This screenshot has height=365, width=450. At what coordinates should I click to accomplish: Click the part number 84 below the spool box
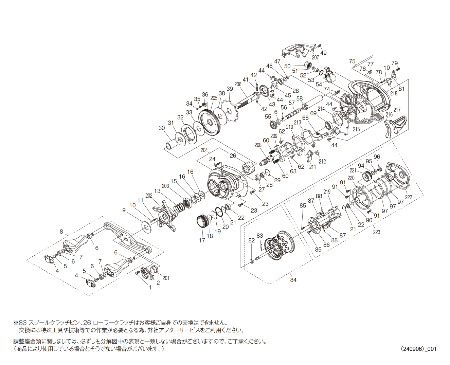point(293,280)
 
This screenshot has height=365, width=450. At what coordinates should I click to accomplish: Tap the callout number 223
point(376,232)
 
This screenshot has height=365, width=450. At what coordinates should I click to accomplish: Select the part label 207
point(315,57)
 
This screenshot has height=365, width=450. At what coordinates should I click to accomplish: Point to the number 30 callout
point(162,128)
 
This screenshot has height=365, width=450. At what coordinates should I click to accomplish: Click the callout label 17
point(202,240)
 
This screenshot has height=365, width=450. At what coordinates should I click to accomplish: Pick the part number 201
point(166,278)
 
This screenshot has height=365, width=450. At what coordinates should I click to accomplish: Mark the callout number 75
point(352,61)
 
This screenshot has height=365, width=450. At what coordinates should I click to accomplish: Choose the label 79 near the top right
point(394,63)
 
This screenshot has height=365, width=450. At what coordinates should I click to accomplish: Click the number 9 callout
point(124,210)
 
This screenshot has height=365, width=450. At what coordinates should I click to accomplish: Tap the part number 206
point(238,85)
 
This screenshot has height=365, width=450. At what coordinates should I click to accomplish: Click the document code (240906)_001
point(418,349)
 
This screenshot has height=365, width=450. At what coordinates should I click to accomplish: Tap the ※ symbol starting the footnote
point(16,323)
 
